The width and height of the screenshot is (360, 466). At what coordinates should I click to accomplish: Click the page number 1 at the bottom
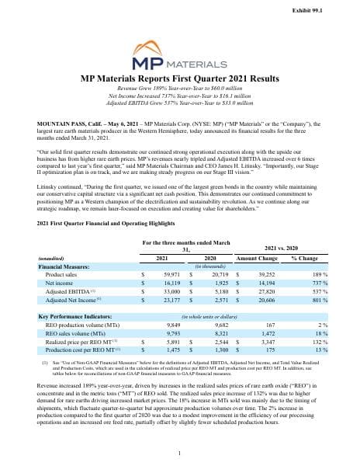179,454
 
